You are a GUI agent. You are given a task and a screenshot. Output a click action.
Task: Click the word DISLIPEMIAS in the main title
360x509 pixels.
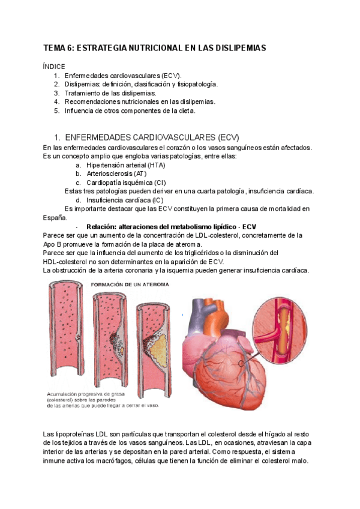point(238,47)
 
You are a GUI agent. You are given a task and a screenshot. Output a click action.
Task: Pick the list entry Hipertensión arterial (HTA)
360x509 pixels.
point(125,165)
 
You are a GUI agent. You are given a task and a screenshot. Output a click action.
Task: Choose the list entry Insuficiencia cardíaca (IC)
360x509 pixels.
point(124,200)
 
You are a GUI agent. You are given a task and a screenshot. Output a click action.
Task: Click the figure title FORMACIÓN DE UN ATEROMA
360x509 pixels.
point(129,284)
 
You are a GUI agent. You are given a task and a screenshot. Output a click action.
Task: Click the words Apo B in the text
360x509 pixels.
point(53,244)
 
